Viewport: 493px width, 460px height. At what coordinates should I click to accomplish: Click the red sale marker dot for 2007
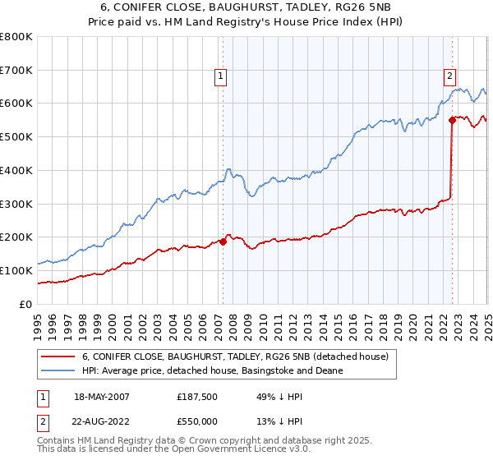pyautogui.click(x=223, y=241)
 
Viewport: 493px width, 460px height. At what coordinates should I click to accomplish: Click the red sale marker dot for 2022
pyautogui.click(x=452, y=120)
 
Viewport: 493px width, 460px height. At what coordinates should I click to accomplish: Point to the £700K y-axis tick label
pyautogui.click(x=16, y=71)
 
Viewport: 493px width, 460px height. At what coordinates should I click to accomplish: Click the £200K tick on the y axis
pyautogui.click(x=16, y=237)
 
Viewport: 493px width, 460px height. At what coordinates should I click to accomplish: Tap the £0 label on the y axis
pyautogui.click(x=27, y=304)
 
